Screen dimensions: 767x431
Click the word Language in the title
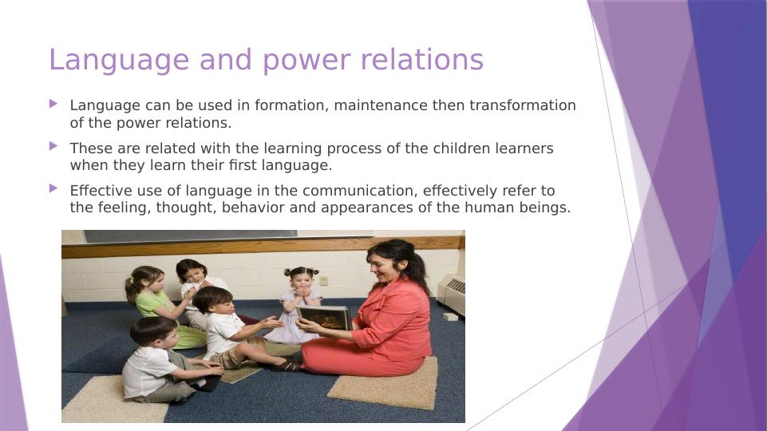[119, 61]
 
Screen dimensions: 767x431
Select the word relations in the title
[421, 60]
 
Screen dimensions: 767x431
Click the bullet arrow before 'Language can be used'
[53, 104]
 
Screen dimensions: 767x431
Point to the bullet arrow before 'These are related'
[53, 146]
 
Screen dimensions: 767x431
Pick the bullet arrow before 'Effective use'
[53, 188]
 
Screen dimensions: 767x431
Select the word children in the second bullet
[458, 148]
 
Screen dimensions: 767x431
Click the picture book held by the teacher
[323, 318]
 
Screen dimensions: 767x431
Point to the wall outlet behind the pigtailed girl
[323, 280]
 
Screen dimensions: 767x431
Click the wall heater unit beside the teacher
[452, 293]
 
